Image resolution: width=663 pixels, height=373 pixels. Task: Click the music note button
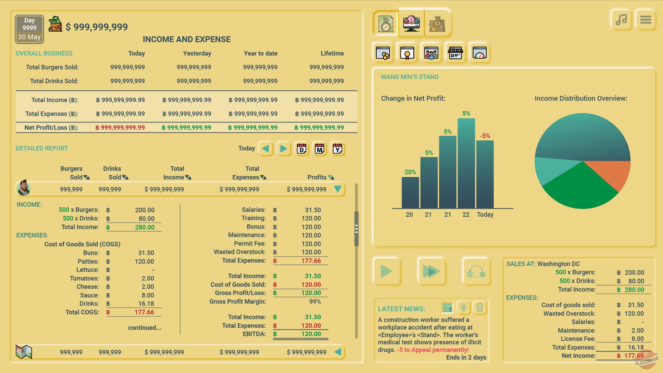[x=621, y=20]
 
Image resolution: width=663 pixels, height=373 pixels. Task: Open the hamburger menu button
[x=645, y=20]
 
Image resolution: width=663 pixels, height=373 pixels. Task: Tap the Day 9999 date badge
[x=29, y=29]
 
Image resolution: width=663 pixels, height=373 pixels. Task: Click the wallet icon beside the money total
[x=55, y=24]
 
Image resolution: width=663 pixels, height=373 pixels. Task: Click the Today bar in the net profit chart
[x=485, y=174]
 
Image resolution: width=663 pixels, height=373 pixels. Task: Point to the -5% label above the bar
[x=485, y=136]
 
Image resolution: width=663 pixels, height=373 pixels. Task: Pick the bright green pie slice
[x=580, y=190]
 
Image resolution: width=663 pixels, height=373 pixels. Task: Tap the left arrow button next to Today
[x=266, y=149]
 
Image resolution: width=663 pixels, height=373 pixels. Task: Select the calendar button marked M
[x=319, y=149]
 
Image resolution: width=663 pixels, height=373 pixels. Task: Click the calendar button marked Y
[x=337, y=149]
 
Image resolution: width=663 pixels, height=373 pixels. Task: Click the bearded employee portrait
[x=23, y=188]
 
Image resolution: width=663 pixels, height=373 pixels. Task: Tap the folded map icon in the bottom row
[x=24, y=352]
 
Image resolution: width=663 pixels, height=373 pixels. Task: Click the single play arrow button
[x=386, y=271]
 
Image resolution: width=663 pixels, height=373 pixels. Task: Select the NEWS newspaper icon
[x=447, y=307]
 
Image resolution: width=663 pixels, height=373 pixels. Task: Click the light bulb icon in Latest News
[x=463, y=307]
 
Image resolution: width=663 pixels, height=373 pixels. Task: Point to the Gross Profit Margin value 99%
[x=315, y=302]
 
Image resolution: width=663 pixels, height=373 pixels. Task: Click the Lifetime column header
[x=332, y=53]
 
